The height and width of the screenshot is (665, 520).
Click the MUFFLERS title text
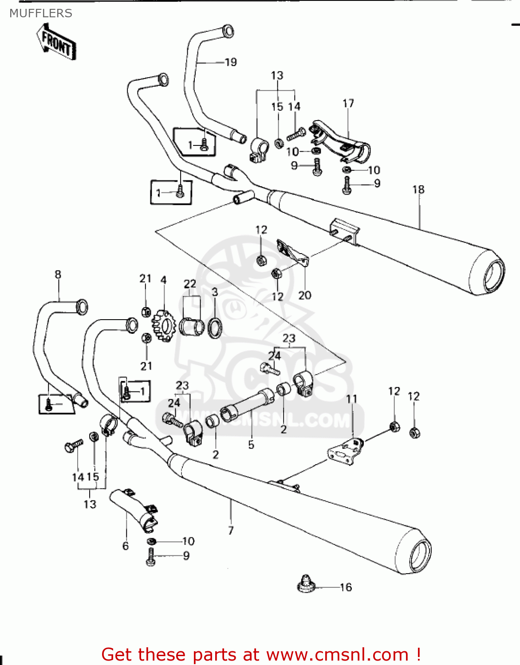tap(41, 13)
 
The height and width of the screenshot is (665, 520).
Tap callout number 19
tap(231, 62)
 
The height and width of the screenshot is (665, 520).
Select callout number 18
tap(418, 190)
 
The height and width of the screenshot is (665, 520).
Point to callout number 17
tap(348, 103)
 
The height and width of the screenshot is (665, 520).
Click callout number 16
tap(346, 587)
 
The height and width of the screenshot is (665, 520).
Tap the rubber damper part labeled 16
tap(305, 584)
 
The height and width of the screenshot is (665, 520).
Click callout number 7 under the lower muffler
tap(231, 530)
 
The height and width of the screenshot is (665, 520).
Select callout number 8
tap(58, 274)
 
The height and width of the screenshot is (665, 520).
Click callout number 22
tap(190, 284)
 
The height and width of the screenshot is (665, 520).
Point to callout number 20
tap(305, 295)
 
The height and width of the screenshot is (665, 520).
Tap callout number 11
tap(352, 399)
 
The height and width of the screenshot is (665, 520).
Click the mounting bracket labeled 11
tap(344, 451)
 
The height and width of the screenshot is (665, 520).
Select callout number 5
tap(251, 445)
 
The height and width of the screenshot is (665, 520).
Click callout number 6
tap(126, 546)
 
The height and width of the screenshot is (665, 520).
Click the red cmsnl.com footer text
tap(261, 654)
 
